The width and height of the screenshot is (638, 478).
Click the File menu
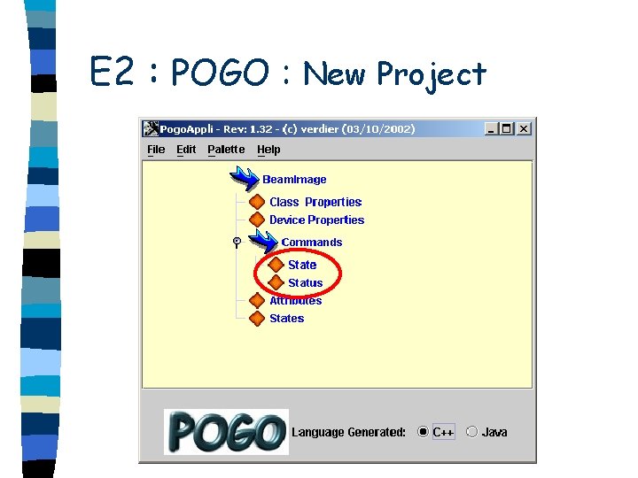tap(156, 150)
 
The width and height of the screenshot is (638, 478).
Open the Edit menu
tap(186, 150)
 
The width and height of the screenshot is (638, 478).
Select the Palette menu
tap(227, 150)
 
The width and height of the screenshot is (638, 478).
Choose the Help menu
tap(268, 150)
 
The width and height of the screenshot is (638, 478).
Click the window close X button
tap(524, 128)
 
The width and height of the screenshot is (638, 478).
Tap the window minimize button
tap(492, 128)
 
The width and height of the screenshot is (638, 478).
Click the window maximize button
tap(507, 128)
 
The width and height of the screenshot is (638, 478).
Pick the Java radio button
tap(471, 432)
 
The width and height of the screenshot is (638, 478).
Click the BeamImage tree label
tap(294, 180)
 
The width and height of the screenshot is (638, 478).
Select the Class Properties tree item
tap(315, 202)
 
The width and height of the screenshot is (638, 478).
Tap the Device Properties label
tap(316, 220)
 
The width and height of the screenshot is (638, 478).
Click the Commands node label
tap(312, 243)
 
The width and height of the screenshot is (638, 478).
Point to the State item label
tap(302, 265)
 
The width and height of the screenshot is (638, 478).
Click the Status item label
tap(306, 283)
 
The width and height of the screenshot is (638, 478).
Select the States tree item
tap(286, 319)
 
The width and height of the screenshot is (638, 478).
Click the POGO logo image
tap(227, 431)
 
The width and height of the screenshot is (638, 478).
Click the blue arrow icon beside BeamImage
tap(244, 178)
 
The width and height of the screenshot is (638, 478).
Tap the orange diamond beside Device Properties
tap(257, 220)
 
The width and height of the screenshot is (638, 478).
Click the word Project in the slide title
tap(432, 73)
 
